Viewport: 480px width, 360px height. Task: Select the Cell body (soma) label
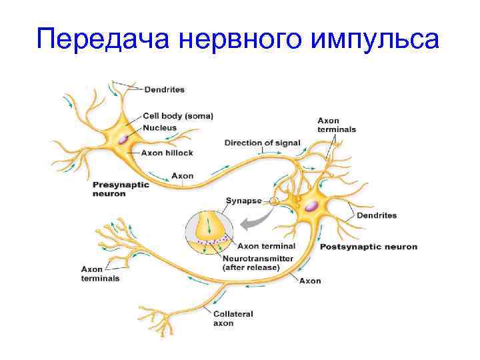178,116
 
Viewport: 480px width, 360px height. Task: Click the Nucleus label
160,127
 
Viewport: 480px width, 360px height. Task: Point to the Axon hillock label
167,153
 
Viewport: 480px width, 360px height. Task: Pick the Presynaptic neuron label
116,189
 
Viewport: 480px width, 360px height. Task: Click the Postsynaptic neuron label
369,247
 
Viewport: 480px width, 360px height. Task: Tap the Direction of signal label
262,143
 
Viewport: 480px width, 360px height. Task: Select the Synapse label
243,200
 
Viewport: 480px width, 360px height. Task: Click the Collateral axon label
233,318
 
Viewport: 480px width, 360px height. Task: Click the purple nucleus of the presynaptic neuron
124,139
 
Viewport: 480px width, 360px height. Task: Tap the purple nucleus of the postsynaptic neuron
311,205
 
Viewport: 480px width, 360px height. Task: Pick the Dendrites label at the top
165,89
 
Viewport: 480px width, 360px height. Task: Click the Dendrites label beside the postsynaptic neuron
377,215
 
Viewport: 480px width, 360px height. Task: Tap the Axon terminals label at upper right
336,125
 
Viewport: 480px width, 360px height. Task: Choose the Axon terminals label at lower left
100,273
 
